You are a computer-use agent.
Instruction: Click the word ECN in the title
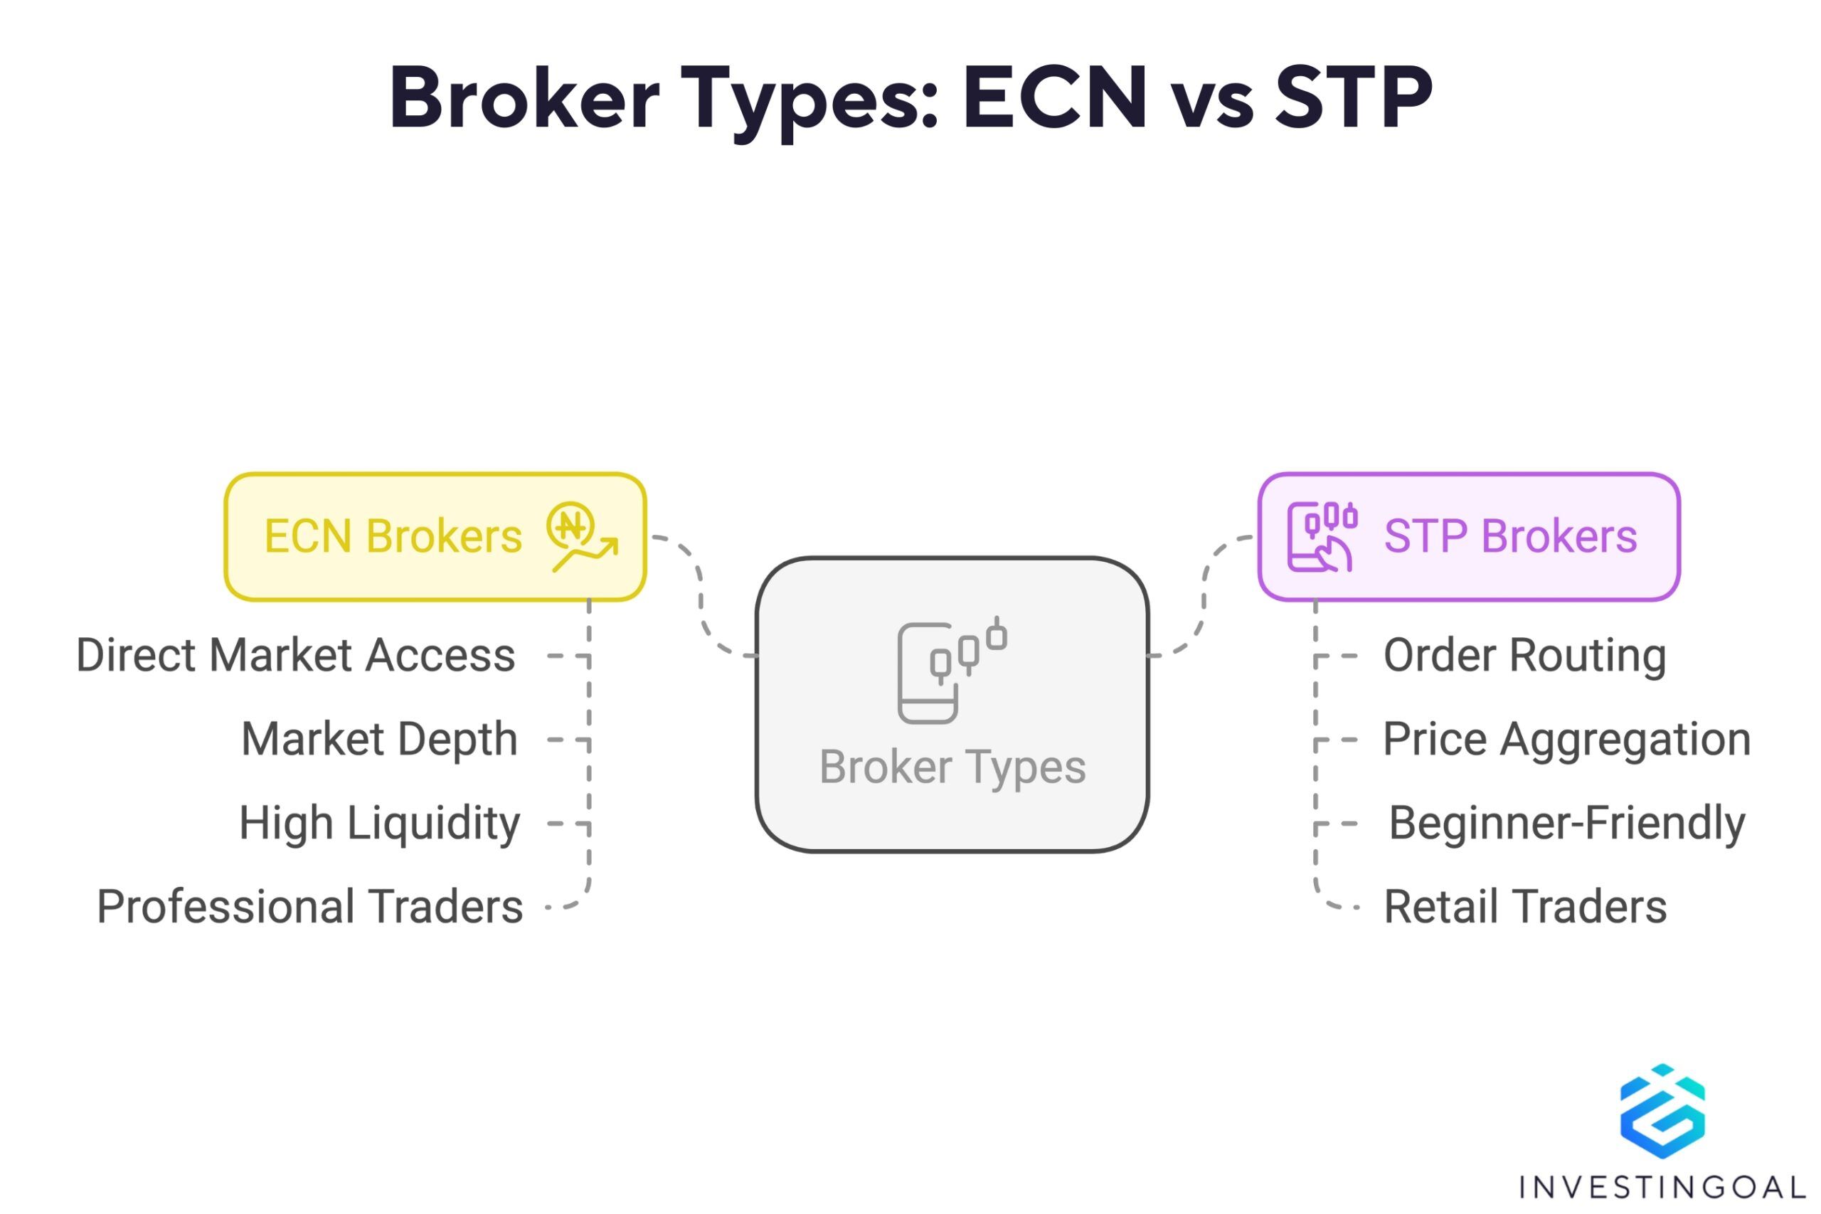pyautogui.click(x=1053, y=97)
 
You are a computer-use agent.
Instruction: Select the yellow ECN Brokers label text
pyautogui.click(x=393, y=536)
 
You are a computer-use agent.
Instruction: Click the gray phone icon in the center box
pyautogui.click(x=952, y=671)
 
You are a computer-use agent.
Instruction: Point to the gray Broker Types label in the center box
pyautogui.click(x=952, y=767)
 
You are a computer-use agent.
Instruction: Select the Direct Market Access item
pyautogui.click(x=296, y=656)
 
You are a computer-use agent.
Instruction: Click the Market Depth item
pyautogui.click(x=379, y=740)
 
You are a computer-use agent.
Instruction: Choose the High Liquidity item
pyautogui.click(x=379, y=823)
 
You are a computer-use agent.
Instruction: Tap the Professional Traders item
pyautogui.click(x=309, y=907)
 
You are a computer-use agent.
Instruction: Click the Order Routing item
pyautogui.click(x=1524, y=656)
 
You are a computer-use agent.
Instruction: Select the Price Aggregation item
pyautogui.click(x=1567, y=740)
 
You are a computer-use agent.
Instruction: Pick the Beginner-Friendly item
pyautogui.click(x=1567, y=823)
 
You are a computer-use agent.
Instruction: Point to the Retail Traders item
pyautogui.click(x=1525, y=907)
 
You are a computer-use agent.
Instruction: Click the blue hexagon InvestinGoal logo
pyautogui.click(x=1662, y=1112)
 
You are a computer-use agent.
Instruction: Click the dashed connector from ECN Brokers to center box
pyautogui.click(x=701, y=596)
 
